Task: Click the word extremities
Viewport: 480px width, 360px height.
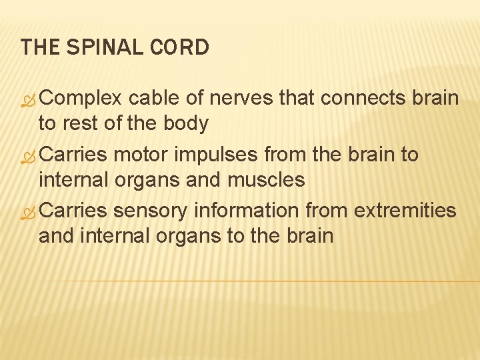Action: click(x=405, y=211)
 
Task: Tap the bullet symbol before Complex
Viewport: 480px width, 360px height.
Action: click(x=29, y=100)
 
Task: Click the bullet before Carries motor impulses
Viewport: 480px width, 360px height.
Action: click(x=29, y=156)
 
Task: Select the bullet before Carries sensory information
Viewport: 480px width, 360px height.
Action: click(x=29, y=212)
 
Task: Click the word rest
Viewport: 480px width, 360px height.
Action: click(x=81, y=124)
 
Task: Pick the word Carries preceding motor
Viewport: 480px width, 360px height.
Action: click(x=74, y=155)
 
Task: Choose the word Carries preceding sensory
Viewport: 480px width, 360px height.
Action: click(x=74, y=211)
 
